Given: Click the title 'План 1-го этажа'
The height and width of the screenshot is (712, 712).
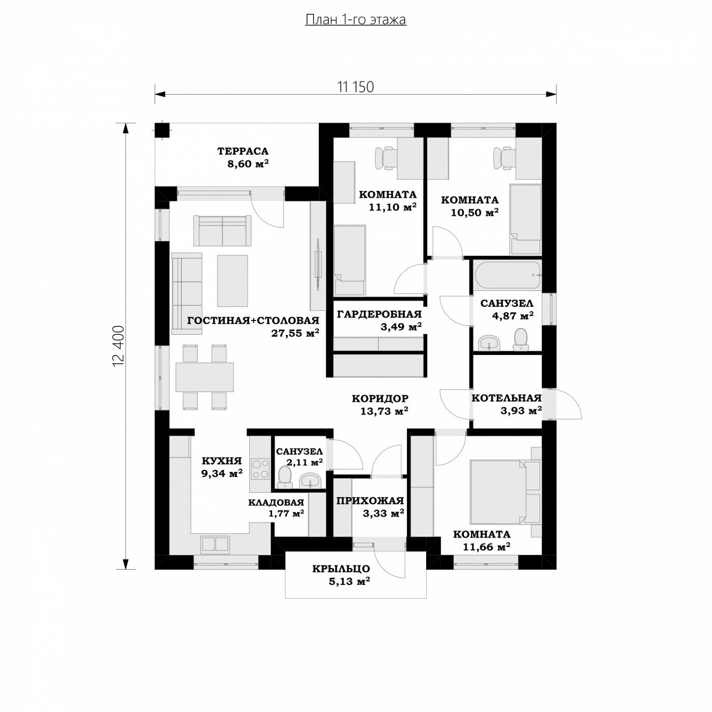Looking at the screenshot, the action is [x=355, y=20].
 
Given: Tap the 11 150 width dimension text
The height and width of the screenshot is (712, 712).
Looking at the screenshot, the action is [x=355, y=87].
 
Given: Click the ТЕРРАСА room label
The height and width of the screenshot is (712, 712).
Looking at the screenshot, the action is [x=243, y=151].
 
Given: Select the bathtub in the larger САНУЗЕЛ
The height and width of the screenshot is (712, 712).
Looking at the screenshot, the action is [x=508, y=275].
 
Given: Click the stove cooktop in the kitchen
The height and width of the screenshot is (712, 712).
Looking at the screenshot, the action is [x=260, y=469].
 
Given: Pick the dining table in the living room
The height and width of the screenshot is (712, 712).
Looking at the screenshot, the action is [x=204, y=377].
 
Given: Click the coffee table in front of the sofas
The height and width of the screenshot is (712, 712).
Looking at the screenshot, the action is [x=232, y=281].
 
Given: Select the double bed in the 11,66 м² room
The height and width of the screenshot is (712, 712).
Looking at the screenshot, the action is [x=497, y=491].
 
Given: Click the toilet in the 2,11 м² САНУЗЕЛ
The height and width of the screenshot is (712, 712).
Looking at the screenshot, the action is [x=284, y=477].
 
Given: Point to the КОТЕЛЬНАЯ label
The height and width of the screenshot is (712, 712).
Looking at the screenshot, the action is [x=506, y=398].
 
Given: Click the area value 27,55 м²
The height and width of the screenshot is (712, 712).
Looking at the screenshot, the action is [x=295, y=333].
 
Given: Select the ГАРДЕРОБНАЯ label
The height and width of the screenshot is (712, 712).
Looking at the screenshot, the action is [x=379, y=314].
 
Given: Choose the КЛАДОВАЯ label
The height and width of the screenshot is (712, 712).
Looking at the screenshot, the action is [x=276, y=502].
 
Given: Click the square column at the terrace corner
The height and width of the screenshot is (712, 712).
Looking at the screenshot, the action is [x=162, y=130].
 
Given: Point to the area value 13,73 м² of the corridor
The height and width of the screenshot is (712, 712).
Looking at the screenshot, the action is [x=384, y=411].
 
